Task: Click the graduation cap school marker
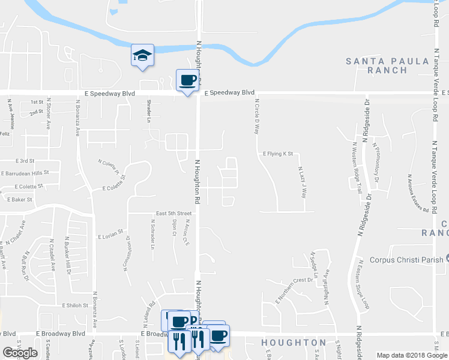(x=142, y=55)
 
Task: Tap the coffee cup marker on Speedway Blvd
(x=187, y=80)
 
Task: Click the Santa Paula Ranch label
(x=387, y=65)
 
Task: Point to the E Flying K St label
(x=277, y=154)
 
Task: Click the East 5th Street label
(x=173, y=213)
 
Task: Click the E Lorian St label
(x=110, y=230)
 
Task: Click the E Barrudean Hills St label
(x=25, y=173)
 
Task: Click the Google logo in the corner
(x=20, y=353)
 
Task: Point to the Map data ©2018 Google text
(x=411, y=355)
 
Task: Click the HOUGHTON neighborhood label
(x=294, y=343)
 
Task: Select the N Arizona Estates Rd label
(x=417, y=193)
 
